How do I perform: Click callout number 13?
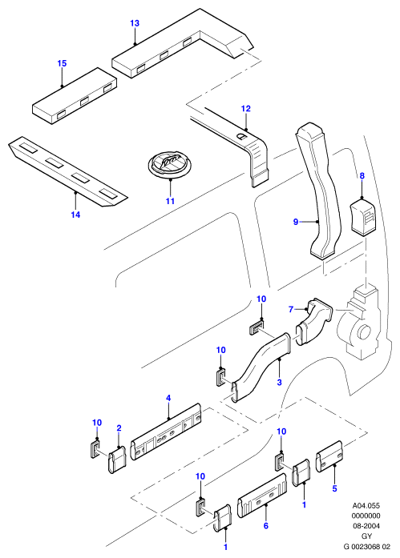(x=135, y=23)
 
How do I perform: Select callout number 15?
(x=62, y=63)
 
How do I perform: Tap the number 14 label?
(x=75, y=215)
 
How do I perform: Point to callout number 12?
(x=246, y=109)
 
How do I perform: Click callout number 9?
(x=296, y=222)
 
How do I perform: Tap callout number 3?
(x=279, y=382)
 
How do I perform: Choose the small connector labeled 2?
(x=117, y=459)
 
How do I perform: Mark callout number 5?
(x=334, y=488)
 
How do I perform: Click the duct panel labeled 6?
(x=262, y=496)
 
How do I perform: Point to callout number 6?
(x=265, y=526)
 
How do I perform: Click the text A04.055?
(x=366, y=506)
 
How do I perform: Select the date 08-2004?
(x=366, y=526)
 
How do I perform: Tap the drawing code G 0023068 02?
(x=367, y=547)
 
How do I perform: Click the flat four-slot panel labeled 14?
(x=67, y=171)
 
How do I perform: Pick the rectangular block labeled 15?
(x=75, y=95)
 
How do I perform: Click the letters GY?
(x=366, y=536)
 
